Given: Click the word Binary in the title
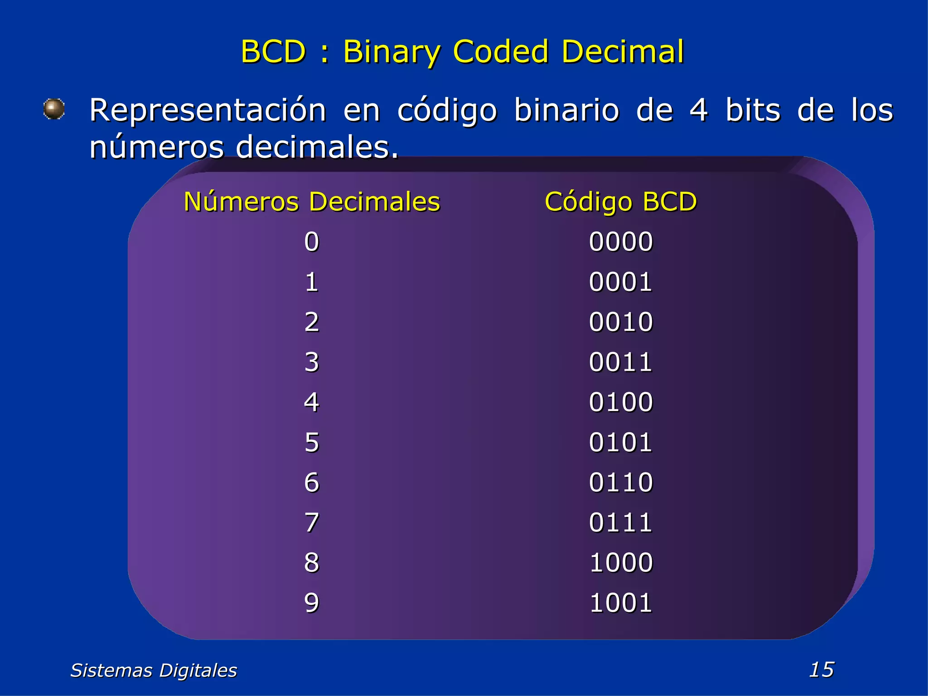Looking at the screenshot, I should pos(391,51).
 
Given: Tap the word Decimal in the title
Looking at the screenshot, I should pos(623,51).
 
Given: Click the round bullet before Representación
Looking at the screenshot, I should pos(54,109).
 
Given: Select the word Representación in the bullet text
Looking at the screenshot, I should pos(208,110).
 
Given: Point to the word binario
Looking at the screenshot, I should pos(566,110).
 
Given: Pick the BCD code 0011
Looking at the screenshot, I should pos(621,362).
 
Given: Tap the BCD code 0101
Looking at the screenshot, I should pos(621,442).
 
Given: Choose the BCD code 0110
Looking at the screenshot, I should pos(621,482).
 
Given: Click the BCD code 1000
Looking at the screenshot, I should pos(621,562).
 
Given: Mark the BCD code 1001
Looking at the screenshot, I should pos(621,603).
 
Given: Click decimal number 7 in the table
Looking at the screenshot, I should pos(312,522).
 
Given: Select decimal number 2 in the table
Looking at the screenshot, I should pos(312,322).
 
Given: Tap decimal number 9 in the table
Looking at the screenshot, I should pos(312,603).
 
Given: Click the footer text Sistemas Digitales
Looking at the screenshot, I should pos(154,670).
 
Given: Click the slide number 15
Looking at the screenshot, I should pos(821,669).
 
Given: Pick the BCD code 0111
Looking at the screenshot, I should pos(621,522).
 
